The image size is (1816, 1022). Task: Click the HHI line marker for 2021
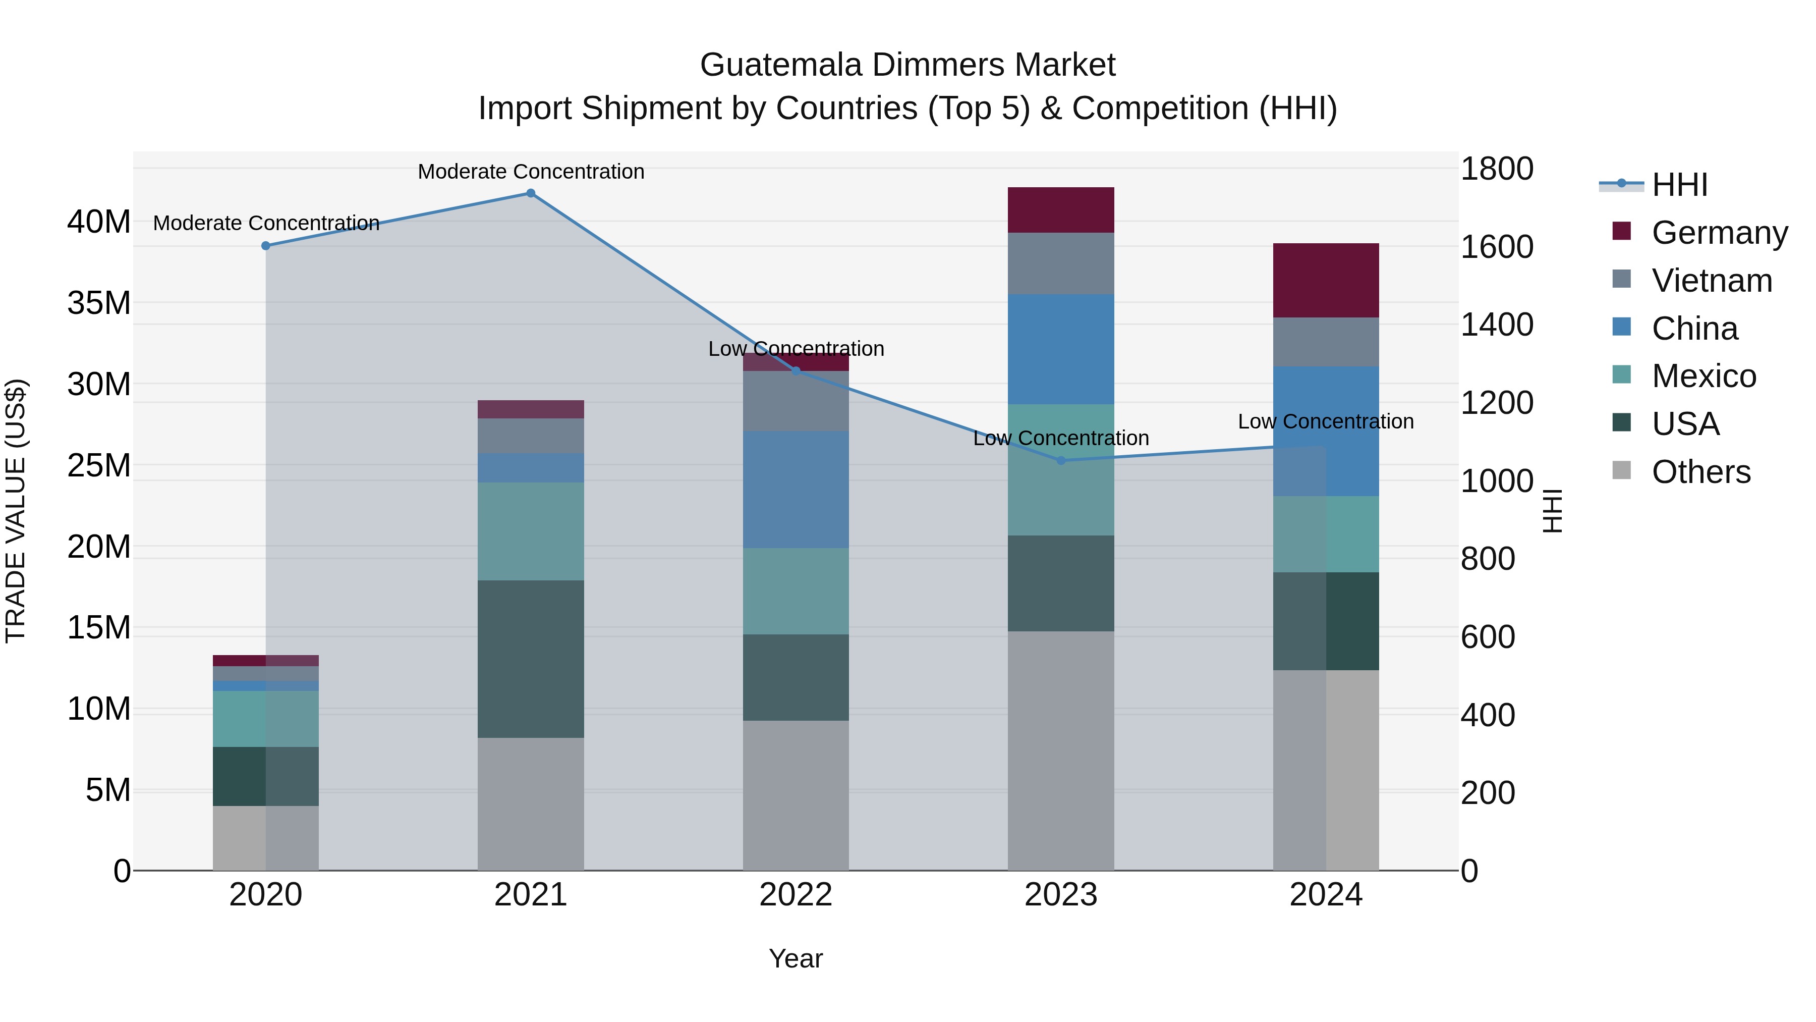pyautogui.click(x=531, y=193)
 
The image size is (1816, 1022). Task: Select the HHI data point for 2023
pyautogui.click(x=1061, y=461)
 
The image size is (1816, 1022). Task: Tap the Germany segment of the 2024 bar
pyautogui.click(x=1325, y=280)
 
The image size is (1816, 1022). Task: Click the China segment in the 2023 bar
pyautogui.click(x=1061, y=349)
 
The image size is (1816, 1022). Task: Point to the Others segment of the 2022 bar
pyautogui.click(x=796, y=795)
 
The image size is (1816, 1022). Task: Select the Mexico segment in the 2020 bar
pyautogui.click(x=266, y=719)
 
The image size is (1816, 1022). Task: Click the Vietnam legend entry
pyautogui.click(x=1712, y=281)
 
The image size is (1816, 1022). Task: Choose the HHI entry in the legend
pyautogui.click(x=1679, y=185)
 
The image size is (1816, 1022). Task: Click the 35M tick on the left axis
pyautogui.click(x=99, y=303)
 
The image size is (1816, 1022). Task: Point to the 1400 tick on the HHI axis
pyautogui.click(x=1497, y=325)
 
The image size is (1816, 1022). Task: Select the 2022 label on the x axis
pyautogui.click(x=796, y=895)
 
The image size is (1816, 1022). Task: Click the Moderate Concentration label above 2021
pyautogui.click(x=531, y=172)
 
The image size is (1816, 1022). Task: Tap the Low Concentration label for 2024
pyautogui.click(x=1325, y=422)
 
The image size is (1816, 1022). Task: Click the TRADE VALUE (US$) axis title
pyautogui.click(x=16, y=511)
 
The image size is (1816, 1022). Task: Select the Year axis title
pyautogui.click(x=796, y=958)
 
